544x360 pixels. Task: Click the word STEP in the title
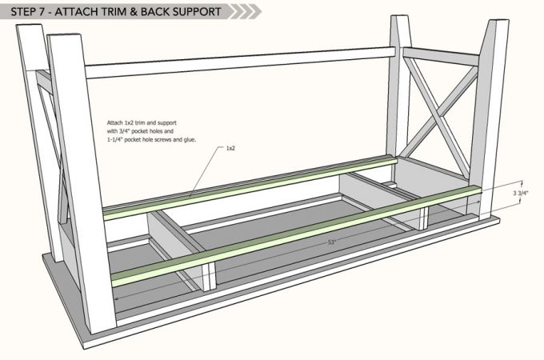pos(21,12)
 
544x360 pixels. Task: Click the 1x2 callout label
pos(230,148)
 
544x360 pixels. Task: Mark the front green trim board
pos(296,232)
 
